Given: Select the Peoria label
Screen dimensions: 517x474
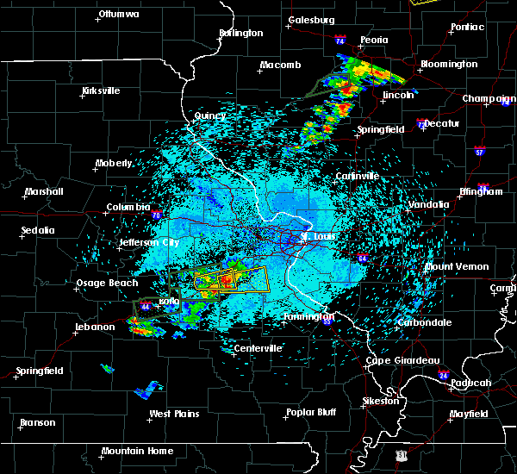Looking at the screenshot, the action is [375, 40].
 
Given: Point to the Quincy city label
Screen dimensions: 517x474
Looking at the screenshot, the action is [210, 115].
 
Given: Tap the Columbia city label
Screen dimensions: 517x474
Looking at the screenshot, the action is [128, 208].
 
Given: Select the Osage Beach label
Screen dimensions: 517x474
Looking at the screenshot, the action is [104, 284].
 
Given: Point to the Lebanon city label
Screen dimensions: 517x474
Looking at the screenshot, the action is [94, 327].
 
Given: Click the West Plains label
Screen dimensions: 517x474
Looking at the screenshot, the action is [174, 414].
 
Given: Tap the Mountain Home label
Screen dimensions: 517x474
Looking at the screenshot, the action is [137, 451].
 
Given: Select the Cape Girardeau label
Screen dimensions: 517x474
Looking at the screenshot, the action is [403, 360].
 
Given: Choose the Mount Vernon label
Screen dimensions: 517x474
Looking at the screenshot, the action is [457, 266].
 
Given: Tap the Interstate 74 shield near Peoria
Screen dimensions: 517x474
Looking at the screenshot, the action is [340, 41].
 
